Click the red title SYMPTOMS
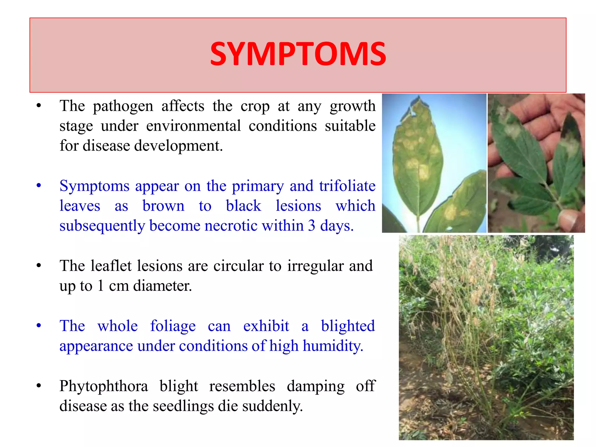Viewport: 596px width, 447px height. [298, 54]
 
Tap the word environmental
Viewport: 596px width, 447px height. [193, 126]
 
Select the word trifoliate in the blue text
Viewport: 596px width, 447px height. [347, 186]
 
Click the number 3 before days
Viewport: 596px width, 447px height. [311, 226]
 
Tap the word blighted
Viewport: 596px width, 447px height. [347, 326]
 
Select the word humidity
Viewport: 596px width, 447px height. [333, 346]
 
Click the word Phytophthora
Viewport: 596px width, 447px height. [104, 386]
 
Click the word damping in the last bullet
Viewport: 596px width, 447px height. [315, 386]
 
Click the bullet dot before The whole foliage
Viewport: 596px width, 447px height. [39, 326]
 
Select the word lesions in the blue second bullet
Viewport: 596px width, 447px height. [298, 206]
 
